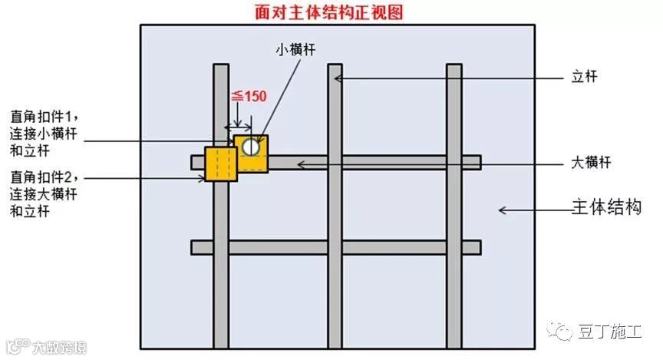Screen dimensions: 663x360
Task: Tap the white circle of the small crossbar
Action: tap(249, 146)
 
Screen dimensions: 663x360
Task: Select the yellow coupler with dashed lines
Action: tap(221, 164)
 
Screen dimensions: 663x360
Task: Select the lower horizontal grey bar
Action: tap(335, 248)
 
